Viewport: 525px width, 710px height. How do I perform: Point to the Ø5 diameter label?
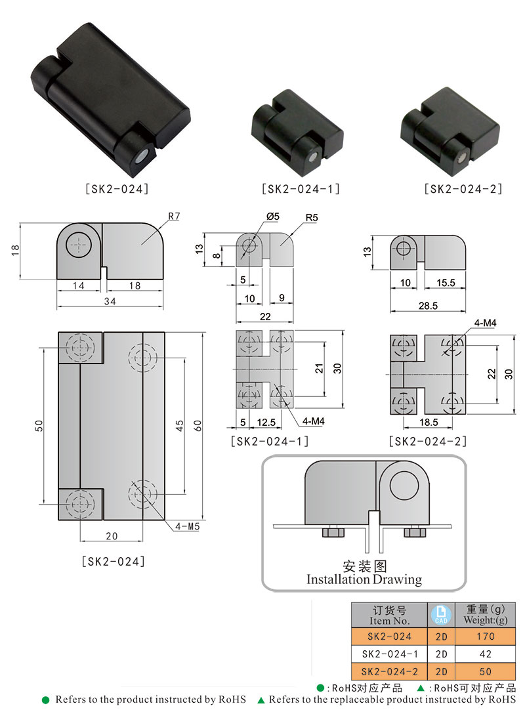click(272, 216)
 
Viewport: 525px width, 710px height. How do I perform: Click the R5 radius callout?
click(311, 217)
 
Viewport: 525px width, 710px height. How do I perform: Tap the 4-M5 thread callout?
click(188, 526)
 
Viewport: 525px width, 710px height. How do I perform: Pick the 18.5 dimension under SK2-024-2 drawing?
click(429, 423)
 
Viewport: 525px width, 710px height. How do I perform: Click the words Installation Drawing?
click(364, 579)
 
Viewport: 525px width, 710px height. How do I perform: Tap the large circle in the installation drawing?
click(405, 486)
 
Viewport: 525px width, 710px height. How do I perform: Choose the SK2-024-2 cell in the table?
click(389, 671)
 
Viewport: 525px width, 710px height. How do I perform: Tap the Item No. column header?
click(389, 615)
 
